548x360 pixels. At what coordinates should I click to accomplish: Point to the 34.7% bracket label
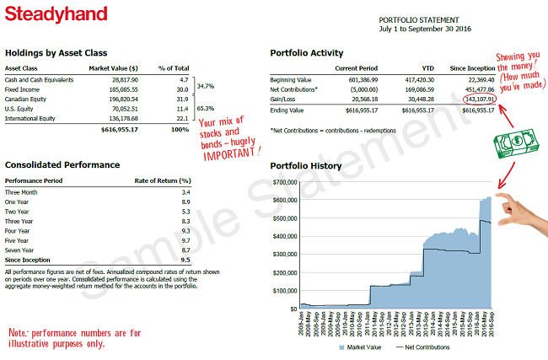(206, 86)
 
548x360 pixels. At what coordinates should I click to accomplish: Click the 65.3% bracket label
(206, 109)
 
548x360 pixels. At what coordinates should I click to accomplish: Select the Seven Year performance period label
(22, 250)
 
